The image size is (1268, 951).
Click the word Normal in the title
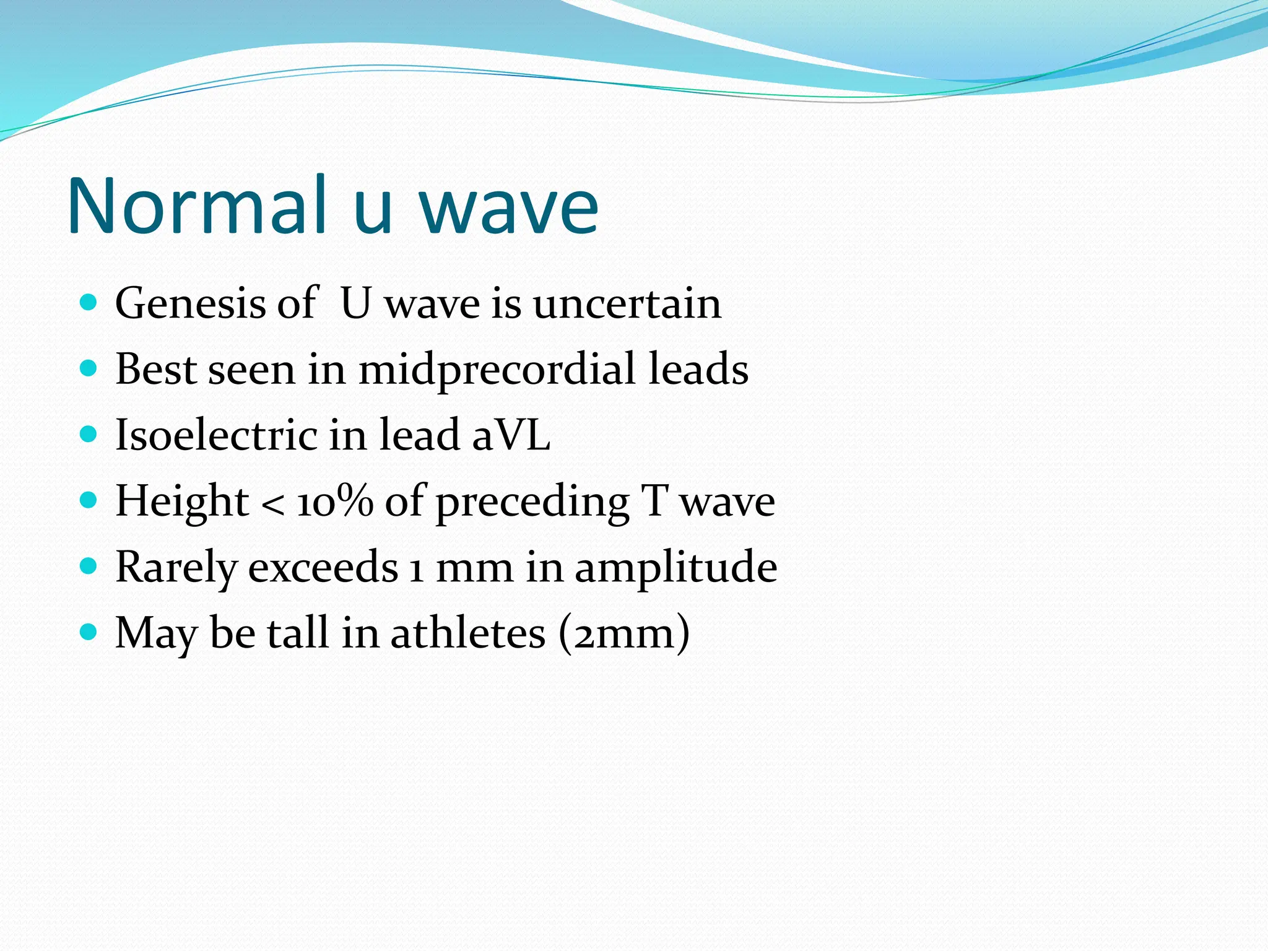point(197,206)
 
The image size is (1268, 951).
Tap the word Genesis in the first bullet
point(190,303)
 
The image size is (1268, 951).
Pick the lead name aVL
point(511,435)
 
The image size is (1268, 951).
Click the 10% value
point(335,501)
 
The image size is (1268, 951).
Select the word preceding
point(532,503)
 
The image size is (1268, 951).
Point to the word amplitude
point(675,568)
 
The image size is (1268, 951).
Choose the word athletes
point(468,633)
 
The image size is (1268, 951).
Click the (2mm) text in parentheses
point(623,634)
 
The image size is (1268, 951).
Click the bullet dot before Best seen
point(89,369)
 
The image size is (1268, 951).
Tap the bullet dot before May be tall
point(89,632)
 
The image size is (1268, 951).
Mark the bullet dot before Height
point(89,500)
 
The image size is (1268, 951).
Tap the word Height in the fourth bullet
point(182,502)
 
